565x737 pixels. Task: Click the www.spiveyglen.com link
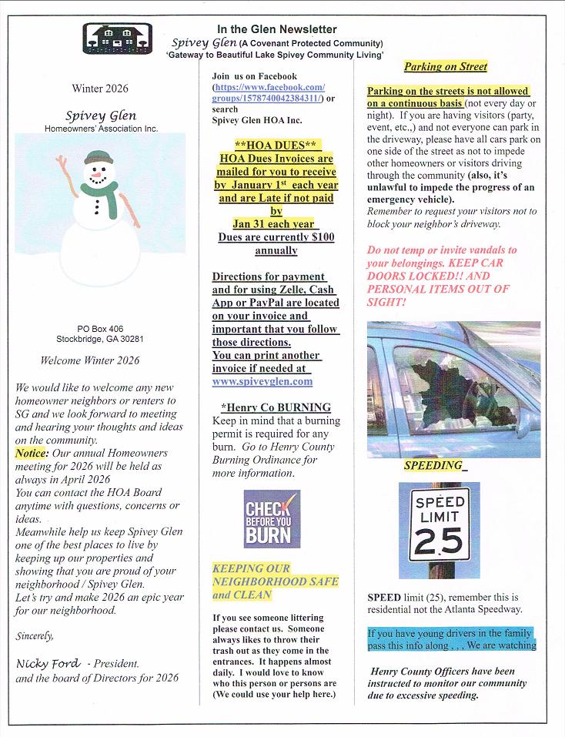(262, 380)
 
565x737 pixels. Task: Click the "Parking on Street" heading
(445, 67)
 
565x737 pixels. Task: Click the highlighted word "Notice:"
(32, 453)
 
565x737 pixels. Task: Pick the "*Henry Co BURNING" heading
(276, 407)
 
